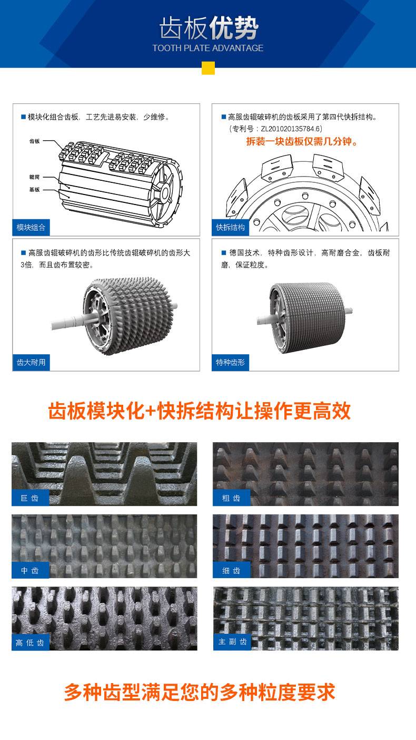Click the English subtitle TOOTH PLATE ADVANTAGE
pyautogui.click(x=208, y=48)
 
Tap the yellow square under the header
pyautogui.click(x=208, y=68)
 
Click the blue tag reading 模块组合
pyautogui.click(x=31, y=227)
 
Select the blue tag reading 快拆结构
pyautogui.click(x=231, y=227)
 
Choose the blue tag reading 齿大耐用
pyautogui.click(x=31, y=363)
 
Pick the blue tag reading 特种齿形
pyautogui.click(x=231, y=363)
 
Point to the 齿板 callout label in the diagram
pyautogui.click(x=34, y=141)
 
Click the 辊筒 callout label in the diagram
pyautogui.click(x=34, y=177)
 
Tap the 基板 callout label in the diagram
pyautogui.click(x=34, y=190)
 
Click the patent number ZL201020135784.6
pyautogui.click(x=291, y=129)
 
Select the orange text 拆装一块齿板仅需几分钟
pyautogui.click(x=302, y=142)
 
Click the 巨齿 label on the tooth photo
pyautogui.click(x=30, y=498)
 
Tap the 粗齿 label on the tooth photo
pyautogui.click(x=231, y=498)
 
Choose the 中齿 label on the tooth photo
pyautogui.click(x=30, y=570)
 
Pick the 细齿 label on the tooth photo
pyautogui.click(x=231, y=570)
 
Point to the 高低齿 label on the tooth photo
pyautogui.click(x=30, y=642)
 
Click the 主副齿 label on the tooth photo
pyautogui.click(x=232, y=641)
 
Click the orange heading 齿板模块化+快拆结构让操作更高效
pyautogui.click(x=200, y=411)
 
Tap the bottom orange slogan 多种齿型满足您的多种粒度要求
pyautogui.click(x=200, y=692)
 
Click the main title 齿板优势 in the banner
pyautogui.click(x=209, y=28)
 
